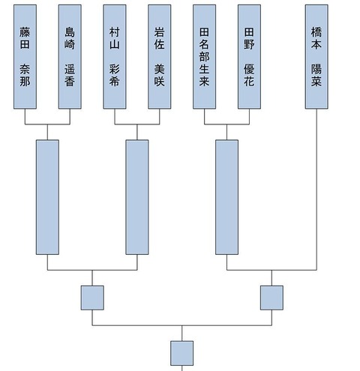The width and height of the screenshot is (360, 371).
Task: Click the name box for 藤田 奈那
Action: [x=25, y=57]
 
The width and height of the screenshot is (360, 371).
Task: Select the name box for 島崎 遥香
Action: [x=70, y=57]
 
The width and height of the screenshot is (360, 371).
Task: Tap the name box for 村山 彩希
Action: [x=115, y=57]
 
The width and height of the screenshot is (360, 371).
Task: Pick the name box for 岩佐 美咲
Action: [x=160, y=57]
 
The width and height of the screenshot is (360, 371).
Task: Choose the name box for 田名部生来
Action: [x=204, y=57]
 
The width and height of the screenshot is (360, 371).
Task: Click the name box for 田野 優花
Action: [x=249, y=57]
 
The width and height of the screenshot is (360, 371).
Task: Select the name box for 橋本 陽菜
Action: [x=316, y=57]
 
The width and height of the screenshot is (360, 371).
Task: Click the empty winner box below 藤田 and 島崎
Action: [x=47, y=197]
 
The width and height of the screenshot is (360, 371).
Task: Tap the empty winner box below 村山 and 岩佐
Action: [x=137, y=197]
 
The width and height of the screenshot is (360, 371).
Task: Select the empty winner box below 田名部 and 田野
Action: [x=226, y=197]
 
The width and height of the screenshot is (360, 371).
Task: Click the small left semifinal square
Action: [x=92, y=298]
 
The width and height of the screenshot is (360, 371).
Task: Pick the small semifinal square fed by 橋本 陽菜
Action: [x=271, y=298]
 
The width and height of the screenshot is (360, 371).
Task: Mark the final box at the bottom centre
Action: [x=182, y=353]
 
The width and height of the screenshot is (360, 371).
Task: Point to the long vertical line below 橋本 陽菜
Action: [x=316, y=190]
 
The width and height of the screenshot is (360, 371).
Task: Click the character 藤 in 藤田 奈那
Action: [x=25, y=32]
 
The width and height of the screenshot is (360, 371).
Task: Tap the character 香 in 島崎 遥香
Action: [x=70, y=81]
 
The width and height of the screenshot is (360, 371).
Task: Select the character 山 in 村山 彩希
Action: [x=115, y=44]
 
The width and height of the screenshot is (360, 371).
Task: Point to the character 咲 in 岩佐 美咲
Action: [x=160, y=81]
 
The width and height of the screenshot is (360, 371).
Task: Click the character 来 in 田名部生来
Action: [x=204, y=81]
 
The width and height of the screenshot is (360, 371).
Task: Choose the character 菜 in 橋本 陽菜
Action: [x=316, y=81]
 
